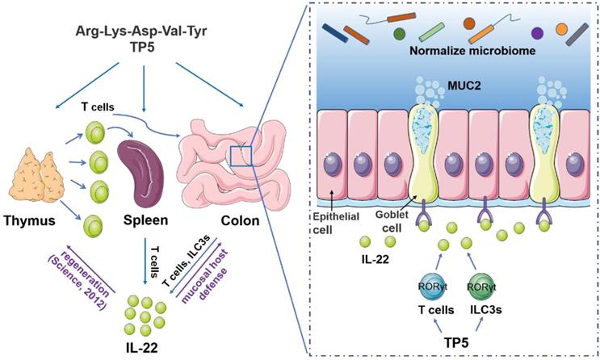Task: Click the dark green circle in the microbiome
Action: (x=399, y=34)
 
